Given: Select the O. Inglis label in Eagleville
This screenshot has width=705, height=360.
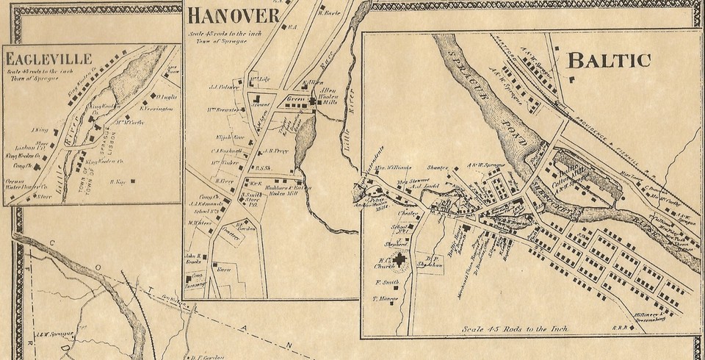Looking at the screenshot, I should [165, 96].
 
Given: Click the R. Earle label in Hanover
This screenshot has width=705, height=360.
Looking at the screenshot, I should [328, 12].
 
